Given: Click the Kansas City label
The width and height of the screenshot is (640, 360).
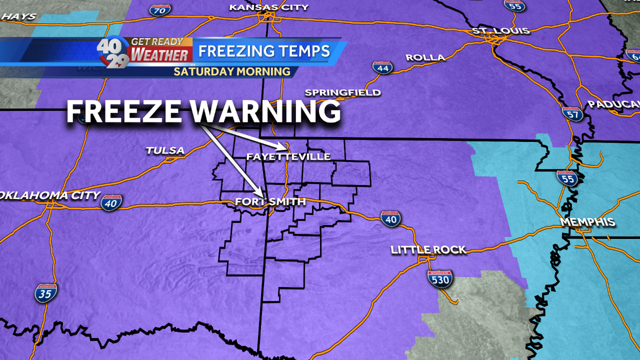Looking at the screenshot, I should point(269,7).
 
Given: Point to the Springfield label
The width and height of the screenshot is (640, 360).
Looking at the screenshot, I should point(343,93).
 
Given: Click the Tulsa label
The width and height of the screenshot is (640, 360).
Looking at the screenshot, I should point(165,151).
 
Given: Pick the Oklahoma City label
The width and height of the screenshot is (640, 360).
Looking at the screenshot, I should point(50,195).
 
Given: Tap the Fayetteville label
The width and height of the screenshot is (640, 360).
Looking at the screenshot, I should point(289,157).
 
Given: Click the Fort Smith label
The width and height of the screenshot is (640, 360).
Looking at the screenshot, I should point(271,202).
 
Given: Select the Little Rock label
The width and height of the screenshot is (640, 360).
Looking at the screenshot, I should point(428,250).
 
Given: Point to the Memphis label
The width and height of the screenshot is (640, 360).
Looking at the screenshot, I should point(587,223).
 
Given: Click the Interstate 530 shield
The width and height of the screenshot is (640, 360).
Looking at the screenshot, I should point(440,278).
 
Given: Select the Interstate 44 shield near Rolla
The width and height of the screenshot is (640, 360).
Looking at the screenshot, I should point(382,68).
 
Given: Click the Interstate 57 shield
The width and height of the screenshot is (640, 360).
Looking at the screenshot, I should point(571,113).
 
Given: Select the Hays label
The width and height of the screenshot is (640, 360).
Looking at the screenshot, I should point(19,17).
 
